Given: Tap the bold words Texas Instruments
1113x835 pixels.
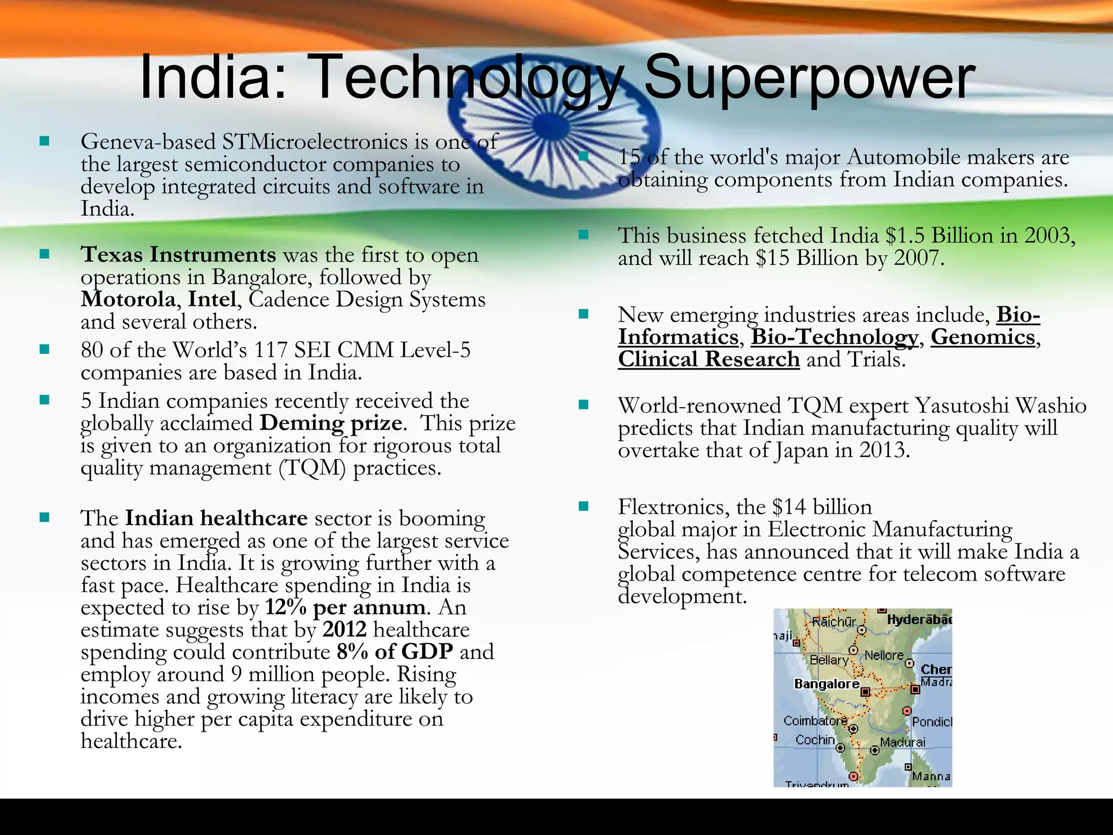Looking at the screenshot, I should [178, 254].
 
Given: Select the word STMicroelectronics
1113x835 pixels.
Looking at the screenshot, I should [315, 142].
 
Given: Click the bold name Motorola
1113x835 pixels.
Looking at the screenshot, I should [128, 299].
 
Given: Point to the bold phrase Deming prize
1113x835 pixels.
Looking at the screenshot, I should [331, 423].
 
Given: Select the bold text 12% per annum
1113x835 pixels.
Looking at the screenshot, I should [345, 607].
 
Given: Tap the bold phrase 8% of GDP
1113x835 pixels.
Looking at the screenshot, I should [395, 652].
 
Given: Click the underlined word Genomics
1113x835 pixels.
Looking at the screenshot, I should [983, 337].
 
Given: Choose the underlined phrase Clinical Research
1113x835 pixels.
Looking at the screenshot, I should [709, 359].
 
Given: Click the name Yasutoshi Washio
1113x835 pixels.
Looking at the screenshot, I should [1000, 406].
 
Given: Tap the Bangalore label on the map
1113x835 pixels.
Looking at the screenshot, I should [827, 684].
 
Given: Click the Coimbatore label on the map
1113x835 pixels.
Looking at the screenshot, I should [815, 721].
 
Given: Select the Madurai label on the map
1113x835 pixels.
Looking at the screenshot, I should [902, 742].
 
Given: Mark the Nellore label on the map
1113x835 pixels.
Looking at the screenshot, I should [884, 656].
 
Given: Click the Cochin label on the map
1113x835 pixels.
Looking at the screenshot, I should [815, 740].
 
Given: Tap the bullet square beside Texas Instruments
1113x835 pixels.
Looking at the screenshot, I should [45, 254].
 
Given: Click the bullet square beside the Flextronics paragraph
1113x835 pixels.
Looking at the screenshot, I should [584, 507].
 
